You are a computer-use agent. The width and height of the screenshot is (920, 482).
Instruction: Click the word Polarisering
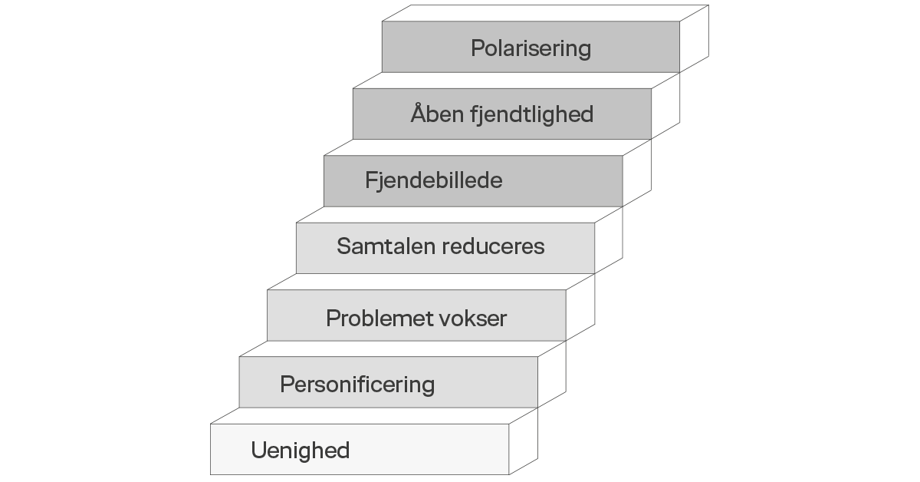(531, 49)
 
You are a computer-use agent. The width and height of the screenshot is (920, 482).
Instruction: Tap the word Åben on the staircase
(438, 113)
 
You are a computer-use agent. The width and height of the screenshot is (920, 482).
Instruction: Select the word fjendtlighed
(532, 114)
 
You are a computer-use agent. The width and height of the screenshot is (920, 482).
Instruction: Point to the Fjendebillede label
(434, 180)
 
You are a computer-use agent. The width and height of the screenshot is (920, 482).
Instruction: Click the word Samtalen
(386, 246)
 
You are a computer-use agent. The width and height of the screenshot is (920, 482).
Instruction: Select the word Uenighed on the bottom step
(301, 451)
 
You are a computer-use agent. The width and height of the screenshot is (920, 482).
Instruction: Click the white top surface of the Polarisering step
(545, 13)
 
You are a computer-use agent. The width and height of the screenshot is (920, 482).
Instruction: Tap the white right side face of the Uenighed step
(523, 441)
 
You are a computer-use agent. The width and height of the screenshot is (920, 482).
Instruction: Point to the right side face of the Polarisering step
(694, 38)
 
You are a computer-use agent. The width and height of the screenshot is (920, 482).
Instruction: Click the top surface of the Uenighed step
(374, 416)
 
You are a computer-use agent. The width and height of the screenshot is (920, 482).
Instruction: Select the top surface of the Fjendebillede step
(488, 147)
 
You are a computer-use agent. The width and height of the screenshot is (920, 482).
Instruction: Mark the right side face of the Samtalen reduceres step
(609, 240)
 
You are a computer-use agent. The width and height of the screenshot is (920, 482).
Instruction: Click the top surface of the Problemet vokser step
(431, 282)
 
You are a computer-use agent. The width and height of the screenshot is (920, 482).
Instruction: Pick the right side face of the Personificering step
(552, 375)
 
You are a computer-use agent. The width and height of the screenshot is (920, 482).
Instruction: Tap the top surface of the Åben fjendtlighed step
(516, 80)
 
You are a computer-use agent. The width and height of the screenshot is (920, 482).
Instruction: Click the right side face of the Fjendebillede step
(637, 173)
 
